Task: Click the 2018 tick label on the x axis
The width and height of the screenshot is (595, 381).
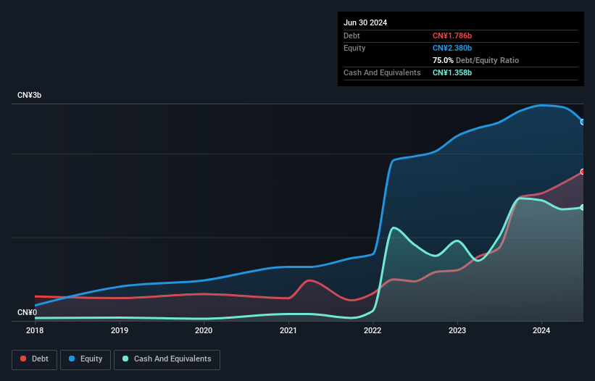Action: click(35, 330)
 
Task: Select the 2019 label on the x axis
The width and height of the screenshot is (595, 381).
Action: click(120, 330)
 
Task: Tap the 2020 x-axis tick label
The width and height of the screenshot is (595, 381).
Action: click(204, 330)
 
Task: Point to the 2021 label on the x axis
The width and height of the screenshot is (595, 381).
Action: click(288, 330)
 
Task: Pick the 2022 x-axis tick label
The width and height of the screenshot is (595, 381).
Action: click(373, 330)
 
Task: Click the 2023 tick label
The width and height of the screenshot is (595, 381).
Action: click(457, 330)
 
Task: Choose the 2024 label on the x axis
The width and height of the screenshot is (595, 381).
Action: click(541, 330)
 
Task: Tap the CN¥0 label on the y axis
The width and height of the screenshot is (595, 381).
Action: click(27, 313)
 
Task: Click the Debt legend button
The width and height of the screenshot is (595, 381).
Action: click(35, 359)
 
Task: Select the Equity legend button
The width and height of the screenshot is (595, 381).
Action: click(86, 359)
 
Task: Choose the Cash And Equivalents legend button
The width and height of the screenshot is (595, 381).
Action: click(167, 359)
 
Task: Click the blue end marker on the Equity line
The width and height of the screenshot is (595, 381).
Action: click(583, 122)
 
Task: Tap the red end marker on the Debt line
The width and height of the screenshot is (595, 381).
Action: click(583, 172)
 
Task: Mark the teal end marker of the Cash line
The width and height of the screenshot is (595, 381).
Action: click(583, 207)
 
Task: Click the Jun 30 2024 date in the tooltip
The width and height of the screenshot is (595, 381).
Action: click(365, 22)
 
